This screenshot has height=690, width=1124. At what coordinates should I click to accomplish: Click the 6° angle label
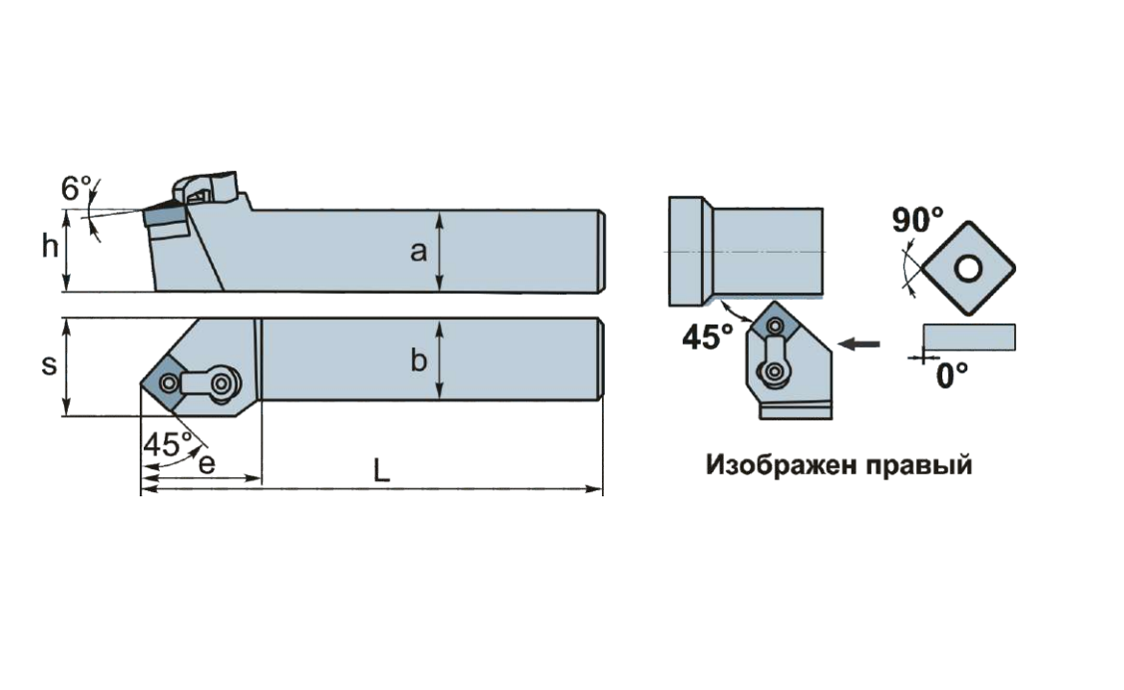(x=77, y=188)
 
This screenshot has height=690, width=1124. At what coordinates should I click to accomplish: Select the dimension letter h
(x=50, y=246)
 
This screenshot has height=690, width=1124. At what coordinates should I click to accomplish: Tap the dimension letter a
(x=418, y=252)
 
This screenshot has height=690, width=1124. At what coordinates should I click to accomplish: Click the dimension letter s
(x=49, y=365)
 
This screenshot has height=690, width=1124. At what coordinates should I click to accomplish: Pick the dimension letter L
(x=381, y=470)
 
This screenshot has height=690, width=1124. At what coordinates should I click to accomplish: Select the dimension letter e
(x=207, y=464)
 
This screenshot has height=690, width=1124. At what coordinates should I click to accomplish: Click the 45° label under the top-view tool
(x=167, y=444)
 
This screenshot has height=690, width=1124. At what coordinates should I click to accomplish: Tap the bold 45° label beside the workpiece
(x=708, y=338)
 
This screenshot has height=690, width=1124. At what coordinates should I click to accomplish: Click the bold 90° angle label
(x=917, y=220)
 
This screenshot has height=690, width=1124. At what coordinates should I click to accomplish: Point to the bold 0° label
(x=952, y=375)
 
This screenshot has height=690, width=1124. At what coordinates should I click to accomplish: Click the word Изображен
(x=782, y=464)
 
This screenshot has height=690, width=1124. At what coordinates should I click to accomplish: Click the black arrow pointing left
(x=858, y=345)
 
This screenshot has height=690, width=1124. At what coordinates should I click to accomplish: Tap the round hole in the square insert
(x=968, y=270)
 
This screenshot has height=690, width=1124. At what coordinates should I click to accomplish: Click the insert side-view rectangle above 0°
(x=969, y=338)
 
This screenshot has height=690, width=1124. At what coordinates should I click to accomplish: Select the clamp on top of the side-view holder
(x=205, y=187)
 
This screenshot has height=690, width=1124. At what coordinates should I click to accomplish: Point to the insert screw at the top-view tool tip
(x=169, y=383)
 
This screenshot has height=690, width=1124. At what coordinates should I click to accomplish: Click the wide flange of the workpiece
(x=691, y=251)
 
